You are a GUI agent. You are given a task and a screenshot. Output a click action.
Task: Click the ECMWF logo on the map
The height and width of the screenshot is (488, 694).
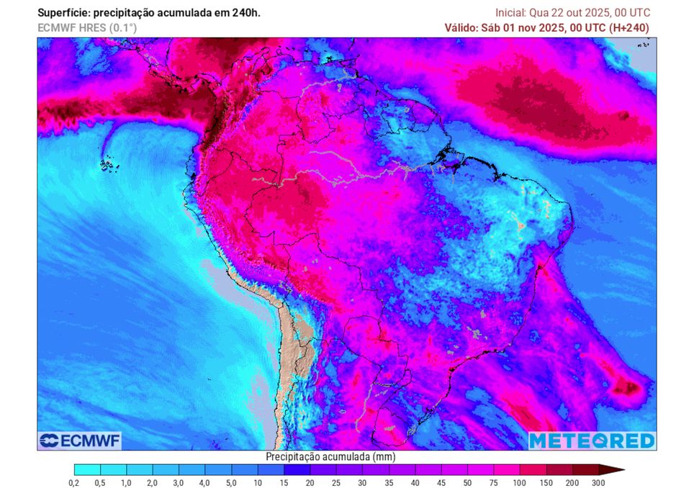80,440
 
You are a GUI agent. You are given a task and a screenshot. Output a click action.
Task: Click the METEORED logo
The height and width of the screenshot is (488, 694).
592,440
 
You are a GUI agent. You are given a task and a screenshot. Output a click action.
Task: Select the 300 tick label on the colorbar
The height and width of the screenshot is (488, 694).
598,483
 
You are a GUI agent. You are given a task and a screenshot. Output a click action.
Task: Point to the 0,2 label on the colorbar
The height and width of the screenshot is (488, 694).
73,483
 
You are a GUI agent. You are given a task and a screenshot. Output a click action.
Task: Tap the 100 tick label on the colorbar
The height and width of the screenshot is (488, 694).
520,483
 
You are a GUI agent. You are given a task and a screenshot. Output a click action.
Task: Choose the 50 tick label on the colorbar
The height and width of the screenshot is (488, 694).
467,483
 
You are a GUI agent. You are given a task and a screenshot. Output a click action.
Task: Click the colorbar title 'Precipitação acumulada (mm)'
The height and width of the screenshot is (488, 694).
330,456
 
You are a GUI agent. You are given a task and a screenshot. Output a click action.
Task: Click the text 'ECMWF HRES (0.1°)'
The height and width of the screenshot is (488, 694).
87,28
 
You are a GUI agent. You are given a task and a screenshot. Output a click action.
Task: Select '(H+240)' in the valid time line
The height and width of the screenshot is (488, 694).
629,28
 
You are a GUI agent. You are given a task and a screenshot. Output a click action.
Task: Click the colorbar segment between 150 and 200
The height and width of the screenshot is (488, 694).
559,469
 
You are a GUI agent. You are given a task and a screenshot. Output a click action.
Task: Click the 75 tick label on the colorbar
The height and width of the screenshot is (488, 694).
494,483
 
